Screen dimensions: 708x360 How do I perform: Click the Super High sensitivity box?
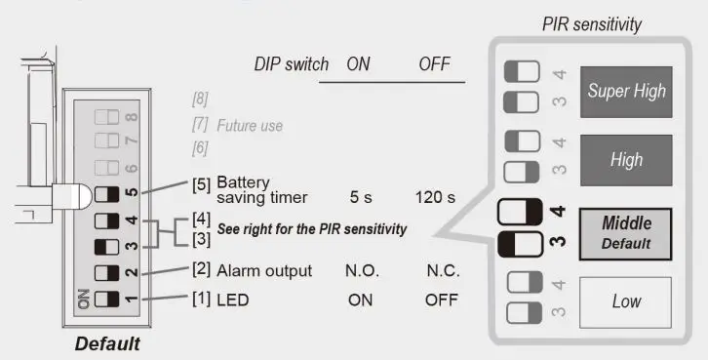(x=626, y=91)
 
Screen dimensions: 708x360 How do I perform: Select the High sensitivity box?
(x=626, y=160)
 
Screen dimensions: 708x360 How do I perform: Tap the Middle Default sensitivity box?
(x=626, y=232)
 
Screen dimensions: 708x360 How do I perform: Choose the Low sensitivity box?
(x=626, y=301)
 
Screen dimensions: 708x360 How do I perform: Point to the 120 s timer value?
(x=436, y=197)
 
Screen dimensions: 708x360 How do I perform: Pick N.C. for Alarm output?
(x=442, y=270)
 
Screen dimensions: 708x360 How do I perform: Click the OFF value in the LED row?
(x=441, y=300)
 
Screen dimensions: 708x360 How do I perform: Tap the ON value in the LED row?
(x=360, y=300)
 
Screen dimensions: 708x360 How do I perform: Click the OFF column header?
(x=435, y=63)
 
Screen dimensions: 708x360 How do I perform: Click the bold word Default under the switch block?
(x=106, y=343)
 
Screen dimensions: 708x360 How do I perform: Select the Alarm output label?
(x=252, y=270)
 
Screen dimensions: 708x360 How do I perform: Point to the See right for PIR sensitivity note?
(x=311, y=229)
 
